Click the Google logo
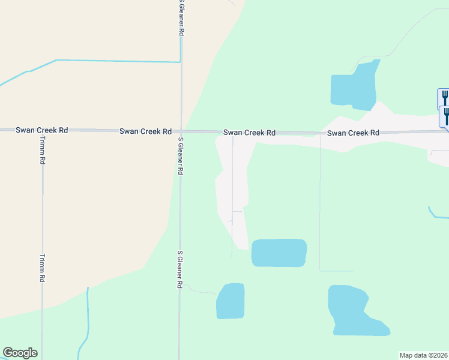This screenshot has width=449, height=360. pos(20,353)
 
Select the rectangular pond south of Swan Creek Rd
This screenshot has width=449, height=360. pos(279,253)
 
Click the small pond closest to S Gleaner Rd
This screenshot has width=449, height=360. pos(231,301)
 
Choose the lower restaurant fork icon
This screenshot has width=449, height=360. pos(445,114)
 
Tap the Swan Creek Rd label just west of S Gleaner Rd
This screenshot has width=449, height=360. pos(145,131)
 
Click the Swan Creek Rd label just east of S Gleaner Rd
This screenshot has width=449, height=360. pos(249,132)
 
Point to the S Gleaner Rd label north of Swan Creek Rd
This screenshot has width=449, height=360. pos(181,18)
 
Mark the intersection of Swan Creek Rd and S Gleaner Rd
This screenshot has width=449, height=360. pos(181,131)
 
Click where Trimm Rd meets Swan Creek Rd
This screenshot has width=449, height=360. pos(43,130)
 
